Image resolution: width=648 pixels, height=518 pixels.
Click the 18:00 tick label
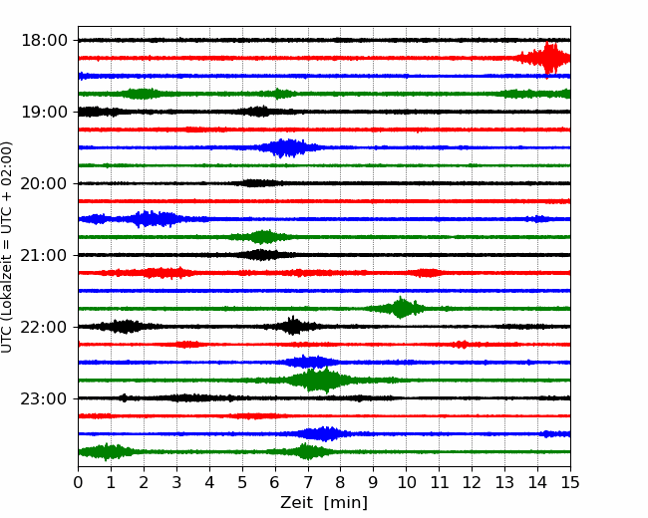[44, 41]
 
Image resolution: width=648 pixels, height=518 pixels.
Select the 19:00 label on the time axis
[44, 112]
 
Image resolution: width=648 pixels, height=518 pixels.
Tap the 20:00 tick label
[44, 183]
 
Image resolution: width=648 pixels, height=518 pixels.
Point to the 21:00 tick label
[44, 255]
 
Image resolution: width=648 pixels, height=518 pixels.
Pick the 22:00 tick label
[44, 327]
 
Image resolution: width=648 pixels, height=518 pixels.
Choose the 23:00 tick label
[44, 398]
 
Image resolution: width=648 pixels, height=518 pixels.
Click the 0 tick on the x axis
[78, 482]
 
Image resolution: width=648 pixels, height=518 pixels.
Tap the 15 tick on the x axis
[570, 482]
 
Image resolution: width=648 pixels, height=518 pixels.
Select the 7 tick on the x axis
[308, 482]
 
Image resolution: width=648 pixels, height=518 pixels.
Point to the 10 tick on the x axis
[406, 482]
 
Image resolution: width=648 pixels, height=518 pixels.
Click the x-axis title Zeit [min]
[324, 503]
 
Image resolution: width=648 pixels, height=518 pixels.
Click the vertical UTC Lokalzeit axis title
[6, 247]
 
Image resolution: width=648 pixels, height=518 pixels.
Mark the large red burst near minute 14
[544, 58]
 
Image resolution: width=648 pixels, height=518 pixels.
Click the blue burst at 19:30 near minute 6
[288, 147]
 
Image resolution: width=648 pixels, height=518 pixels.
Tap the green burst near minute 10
[400, 308]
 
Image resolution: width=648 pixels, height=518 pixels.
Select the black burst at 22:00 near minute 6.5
[293, 327]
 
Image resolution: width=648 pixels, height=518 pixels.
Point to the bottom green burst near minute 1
[107, 452]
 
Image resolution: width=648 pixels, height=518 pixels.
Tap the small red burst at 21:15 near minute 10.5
[427, 273]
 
